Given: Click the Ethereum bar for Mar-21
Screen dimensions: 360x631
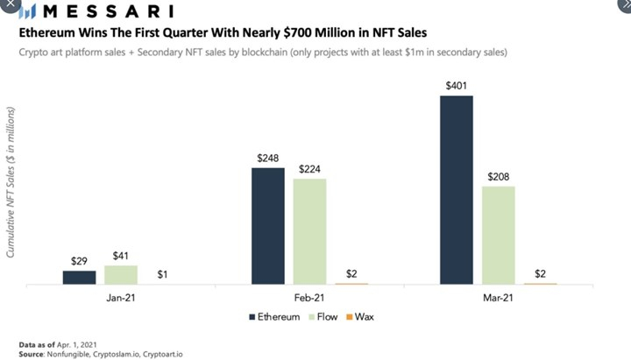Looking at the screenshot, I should [x=457, y=190].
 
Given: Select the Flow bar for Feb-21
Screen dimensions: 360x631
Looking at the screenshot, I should [x=310, y=231].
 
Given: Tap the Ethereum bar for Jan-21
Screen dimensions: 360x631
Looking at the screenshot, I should [x=80, y=277].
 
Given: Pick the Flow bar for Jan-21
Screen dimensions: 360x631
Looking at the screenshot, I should [x=121, y=274].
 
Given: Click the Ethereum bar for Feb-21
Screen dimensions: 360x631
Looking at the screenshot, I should [x=268, y=226].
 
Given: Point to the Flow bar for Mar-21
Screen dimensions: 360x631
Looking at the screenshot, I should [x=499, y=235].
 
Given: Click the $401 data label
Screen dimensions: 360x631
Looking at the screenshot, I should [x=457, y=85].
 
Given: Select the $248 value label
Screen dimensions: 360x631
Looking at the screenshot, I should [x=268, y=158].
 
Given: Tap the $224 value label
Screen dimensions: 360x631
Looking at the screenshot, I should [x=310, y=168].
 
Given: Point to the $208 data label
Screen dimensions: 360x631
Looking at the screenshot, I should [x=499, y=176].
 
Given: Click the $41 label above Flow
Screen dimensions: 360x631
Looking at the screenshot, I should [x=121, y=256].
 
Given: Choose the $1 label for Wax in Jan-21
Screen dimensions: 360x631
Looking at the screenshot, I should [x=163, y=274].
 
